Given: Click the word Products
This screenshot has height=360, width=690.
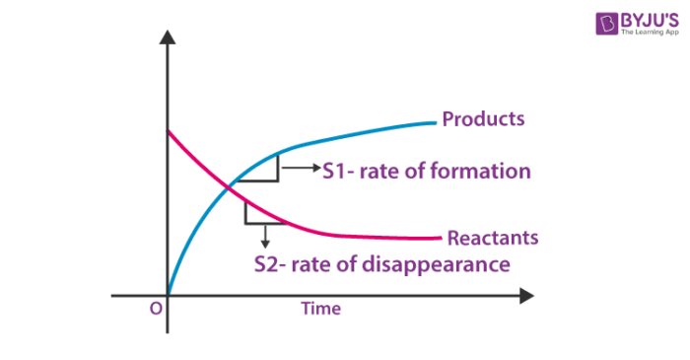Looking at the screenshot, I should tap(483, 119).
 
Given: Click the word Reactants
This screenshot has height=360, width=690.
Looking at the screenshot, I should tap(493, 238).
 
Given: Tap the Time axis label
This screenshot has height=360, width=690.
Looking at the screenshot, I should tap(320, 309).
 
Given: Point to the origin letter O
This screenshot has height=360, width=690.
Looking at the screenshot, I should tap(155, 309).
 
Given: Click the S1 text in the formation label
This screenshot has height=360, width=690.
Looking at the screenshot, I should tap(338, 171).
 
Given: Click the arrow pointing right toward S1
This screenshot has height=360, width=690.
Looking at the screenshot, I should tap(301, 170).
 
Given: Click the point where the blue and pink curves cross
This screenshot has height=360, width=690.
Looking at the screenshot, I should tap(230, 184).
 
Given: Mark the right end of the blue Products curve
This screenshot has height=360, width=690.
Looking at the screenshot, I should tap(434, 122).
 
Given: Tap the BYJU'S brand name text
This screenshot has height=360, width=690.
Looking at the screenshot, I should tap(647, 17).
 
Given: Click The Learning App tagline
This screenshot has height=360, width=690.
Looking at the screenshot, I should tap(648, 33).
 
